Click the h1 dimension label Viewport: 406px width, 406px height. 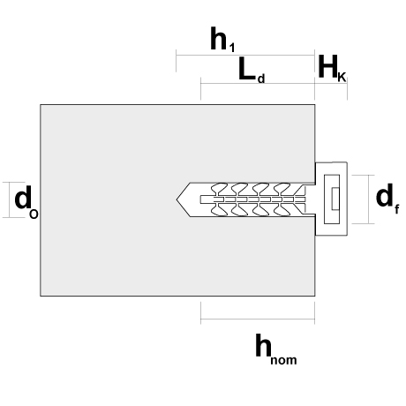[x=222, y=40]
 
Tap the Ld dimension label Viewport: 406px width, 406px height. [x=252, y=70]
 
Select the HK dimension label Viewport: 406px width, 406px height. [x=332, y=68]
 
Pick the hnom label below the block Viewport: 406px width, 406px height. [x=276, y=350]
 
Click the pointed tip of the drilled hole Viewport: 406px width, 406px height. [x=177, y=199]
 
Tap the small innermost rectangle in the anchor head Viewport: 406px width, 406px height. [x=335, y=199]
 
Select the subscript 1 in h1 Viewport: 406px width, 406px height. [x=232, y=48]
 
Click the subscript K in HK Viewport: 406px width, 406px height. [x=342, y=78]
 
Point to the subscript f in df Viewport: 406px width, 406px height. [x=397, y=209]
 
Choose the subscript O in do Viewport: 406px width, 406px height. [x=34, y=214]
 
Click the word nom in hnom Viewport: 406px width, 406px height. [x=283, y=360]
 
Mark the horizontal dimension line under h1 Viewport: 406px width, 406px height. [x=245, y=55]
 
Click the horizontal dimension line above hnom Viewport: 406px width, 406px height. [x=258, y=319]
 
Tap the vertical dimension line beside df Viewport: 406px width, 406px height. [x=369, y=199]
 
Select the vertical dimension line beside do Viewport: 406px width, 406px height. [x=9, y=199]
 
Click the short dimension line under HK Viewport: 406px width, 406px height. [x=331, y=83]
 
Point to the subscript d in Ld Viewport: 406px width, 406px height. [x=261, y=79]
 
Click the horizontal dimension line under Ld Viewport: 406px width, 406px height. [x=258, y=83]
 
